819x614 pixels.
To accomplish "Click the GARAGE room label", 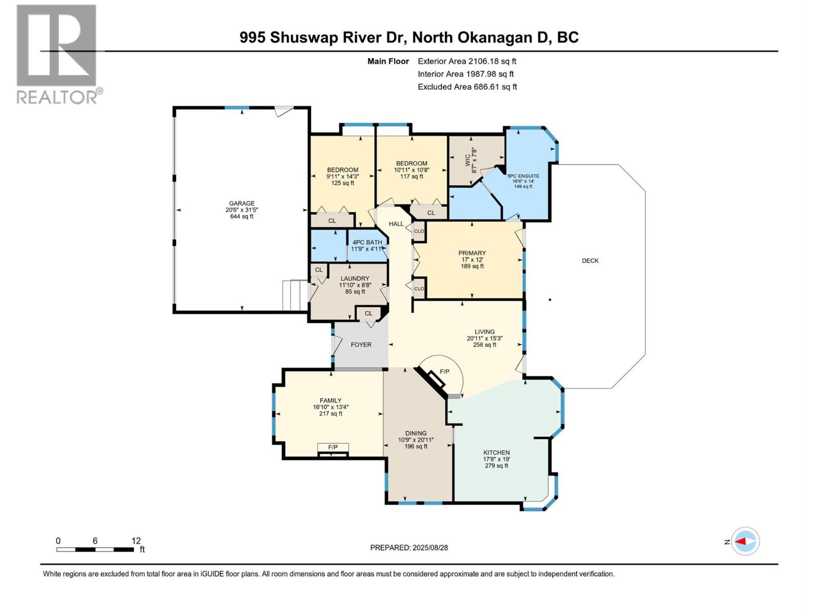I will pos(242,203).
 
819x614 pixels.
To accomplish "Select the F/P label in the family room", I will pos(333,447).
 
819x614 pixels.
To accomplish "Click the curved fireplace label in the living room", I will pos(444,371).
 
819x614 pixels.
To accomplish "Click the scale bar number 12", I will pos(136,541).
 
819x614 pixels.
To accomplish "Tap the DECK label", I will pos(590,260).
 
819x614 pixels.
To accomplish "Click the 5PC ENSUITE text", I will pos(523,176).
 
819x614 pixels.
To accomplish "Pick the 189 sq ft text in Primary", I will pos(472,266).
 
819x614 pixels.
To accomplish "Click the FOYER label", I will pos(361,344).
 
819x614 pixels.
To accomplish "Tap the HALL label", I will pos(396,224).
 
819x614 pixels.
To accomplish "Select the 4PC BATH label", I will pos(367,242).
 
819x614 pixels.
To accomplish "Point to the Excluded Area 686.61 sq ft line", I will pos(467,86).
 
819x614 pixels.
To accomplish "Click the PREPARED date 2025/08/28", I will pos(409,547).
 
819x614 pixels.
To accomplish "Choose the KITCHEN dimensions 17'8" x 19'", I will pos(497,459).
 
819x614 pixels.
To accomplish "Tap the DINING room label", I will pos(416,433).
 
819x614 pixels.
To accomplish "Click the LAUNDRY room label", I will pos(355,278).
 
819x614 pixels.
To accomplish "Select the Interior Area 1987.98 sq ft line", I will pos(465,74).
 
